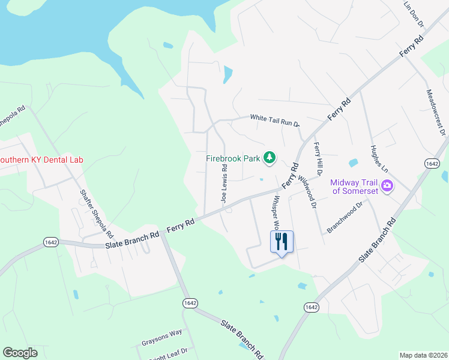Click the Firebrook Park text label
[233, 158]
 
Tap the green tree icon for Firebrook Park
[270, 158]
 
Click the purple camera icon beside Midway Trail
[387, 186]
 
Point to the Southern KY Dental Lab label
[41, 160]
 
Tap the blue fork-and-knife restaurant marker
[282, 242]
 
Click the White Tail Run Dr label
[274, 120]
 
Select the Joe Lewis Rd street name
[224, 183]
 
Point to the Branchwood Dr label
[345, 217]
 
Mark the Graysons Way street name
[161, 338]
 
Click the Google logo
[20, 353]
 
